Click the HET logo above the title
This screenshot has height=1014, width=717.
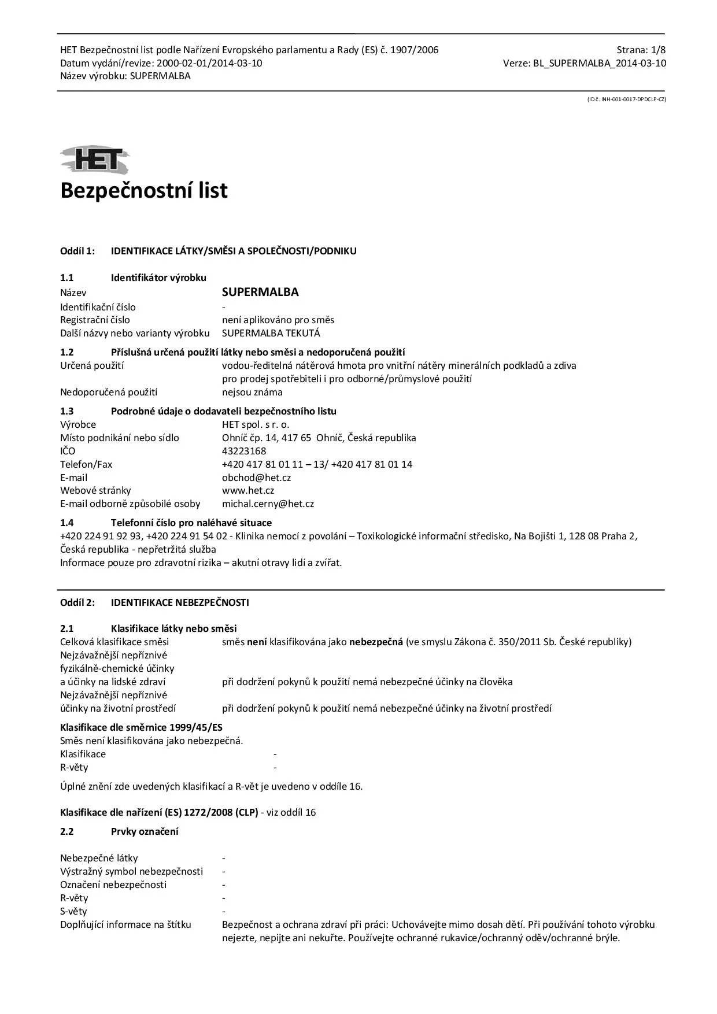pos(94,160)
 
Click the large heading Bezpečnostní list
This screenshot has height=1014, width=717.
pos(144,190)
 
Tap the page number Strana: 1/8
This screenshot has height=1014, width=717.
pos(641,50)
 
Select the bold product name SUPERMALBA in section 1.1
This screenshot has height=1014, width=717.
pos(260,292)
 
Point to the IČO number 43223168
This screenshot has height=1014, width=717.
pos(244,451)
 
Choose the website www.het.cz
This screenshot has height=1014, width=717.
pos(248,490)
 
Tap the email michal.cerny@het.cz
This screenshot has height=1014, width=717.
pos(268,504)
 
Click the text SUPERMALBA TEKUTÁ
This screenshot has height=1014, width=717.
pos(271,333)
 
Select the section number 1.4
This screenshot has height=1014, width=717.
pos(67,523)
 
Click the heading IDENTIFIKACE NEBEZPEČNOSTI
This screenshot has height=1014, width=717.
pos(180,602)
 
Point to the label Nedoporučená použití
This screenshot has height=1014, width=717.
pos(109,392)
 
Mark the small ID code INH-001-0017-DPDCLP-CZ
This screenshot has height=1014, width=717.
pos(626,99)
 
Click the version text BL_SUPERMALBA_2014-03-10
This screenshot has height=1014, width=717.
pos(599,63)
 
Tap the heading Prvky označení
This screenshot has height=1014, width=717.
pos(145,831)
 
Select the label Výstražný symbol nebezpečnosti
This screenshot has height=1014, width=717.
pos(131,871)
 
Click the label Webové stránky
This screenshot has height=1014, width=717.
pos(95,490)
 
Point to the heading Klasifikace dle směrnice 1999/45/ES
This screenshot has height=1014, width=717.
pos(141,727)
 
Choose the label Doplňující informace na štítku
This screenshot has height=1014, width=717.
pos(125,924)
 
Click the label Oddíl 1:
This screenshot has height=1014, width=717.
pos(77,251)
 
